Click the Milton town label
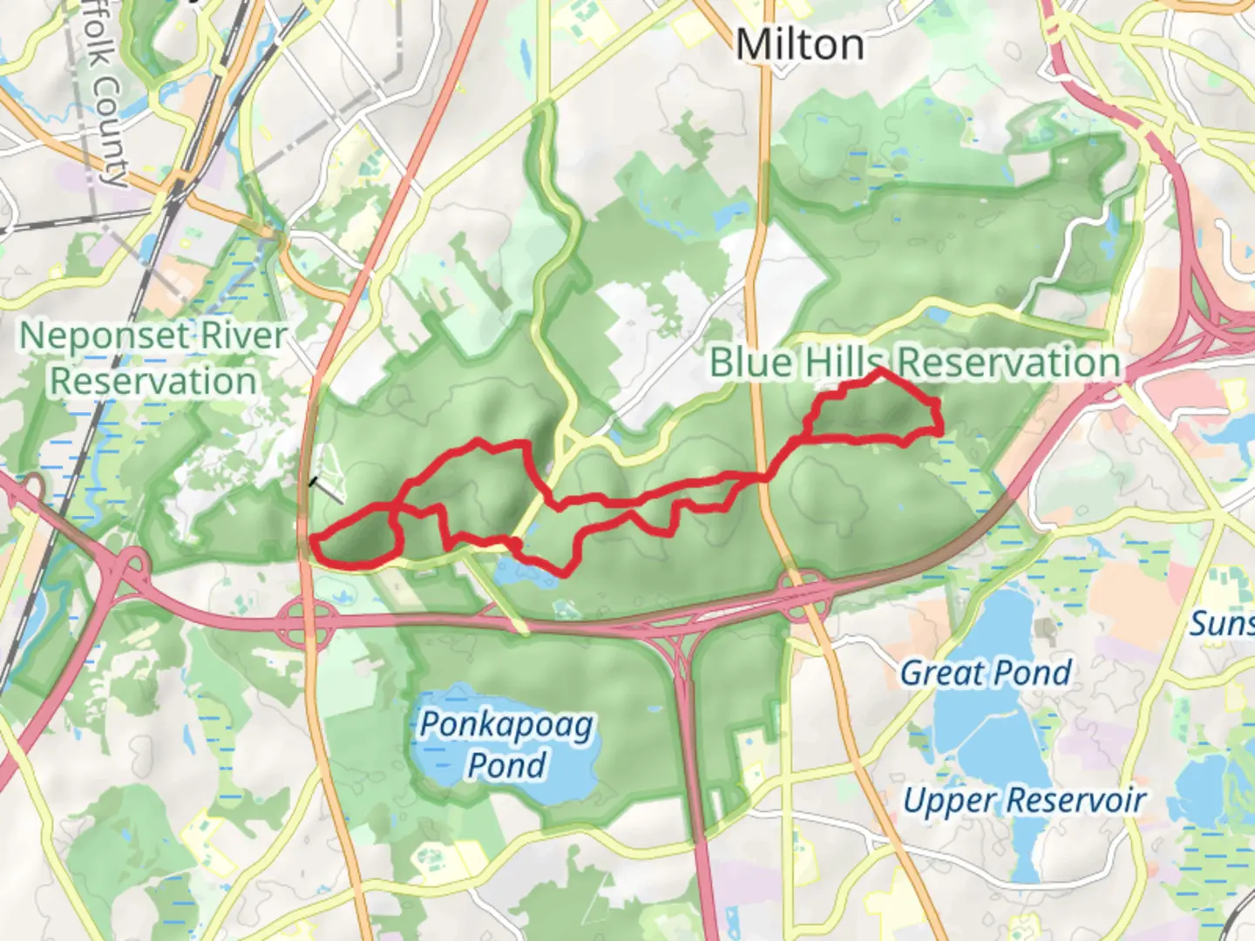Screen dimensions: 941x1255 point(800,44)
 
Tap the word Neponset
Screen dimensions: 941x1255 point(104,336)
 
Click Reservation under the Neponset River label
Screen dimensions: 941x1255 point(153,382)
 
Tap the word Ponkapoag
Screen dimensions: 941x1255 point(506,725)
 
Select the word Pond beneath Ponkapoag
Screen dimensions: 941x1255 point(506,765)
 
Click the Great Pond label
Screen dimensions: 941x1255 point(986,673)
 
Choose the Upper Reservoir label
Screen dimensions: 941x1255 point(1024,800)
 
